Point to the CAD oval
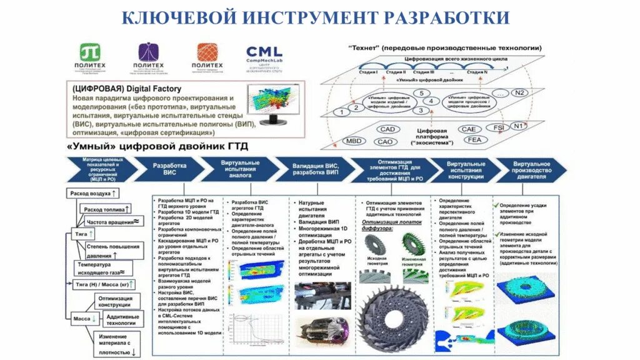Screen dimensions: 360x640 click(x=387, y=129)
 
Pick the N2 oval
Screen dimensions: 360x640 click(x=519, y=92)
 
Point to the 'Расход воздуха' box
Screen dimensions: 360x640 click(x=94, y=194)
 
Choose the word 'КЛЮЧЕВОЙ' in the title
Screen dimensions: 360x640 click(x=174, y=17)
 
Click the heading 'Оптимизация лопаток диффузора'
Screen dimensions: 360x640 click(x=391, y=224)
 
